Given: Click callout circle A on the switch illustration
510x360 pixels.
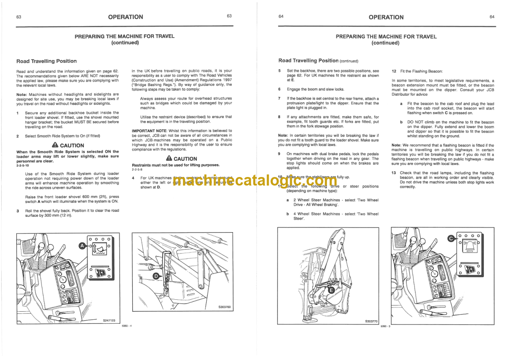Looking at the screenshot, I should (x=82, y=245).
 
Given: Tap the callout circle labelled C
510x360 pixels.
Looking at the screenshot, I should (x=450, y=239).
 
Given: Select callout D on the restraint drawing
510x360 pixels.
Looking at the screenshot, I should (x=156, y=276).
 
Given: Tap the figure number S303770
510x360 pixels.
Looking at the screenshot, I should (x=372, y=320).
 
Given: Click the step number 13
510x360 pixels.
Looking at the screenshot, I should (x=394, y=173).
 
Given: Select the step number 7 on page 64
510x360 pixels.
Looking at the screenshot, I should (x=279, y=98).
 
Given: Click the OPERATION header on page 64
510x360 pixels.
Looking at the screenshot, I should (x=386, y=17).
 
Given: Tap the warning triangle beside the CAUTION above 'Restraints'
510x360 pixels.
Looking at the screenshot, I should (x=169, y=158).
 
